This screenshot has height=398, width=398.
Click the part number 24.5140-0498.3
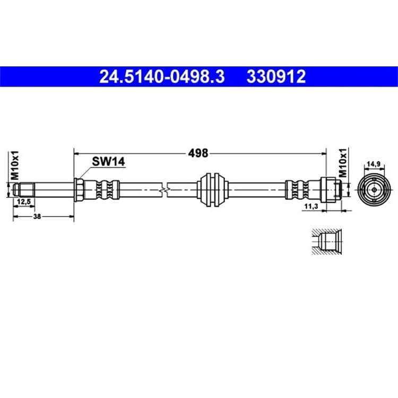[162, 76]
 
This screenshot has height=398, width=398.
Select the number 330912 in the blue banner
[276, 76]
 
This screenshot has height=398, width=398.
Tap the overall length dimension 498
[198, 153]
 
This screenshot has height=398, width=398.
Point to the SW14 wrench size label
[108, 161]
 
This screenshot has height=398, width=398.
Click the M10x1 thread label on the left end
[15, 165]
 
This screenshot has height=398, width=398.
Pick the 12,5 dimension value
[23, 202]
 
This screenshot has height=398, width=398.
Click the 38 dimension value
[37, 217]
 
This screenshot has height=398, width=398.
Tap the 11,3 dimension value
[311, 206]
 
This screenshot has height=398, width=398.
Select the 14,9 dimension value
[374, 164]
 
